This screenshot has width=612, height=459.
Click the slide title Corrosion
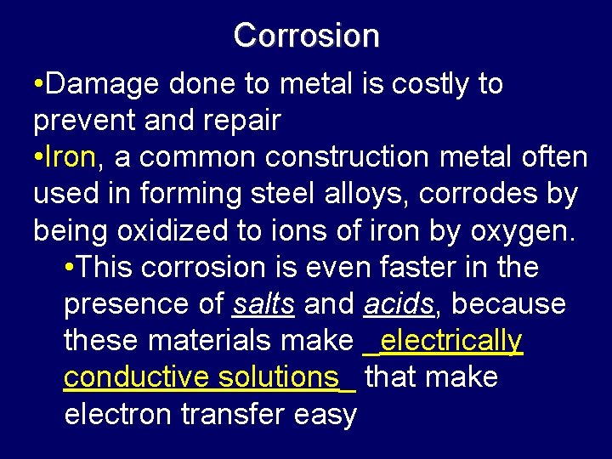click(306, 36)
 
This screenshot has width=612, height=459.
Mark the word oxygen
click(525, 231)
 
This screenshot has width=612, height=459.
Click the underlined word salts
click(263, 303)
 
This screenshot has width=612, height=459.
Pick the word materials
click(213, 340)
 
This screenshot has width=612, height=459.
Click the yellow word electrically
click(451, 341)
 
